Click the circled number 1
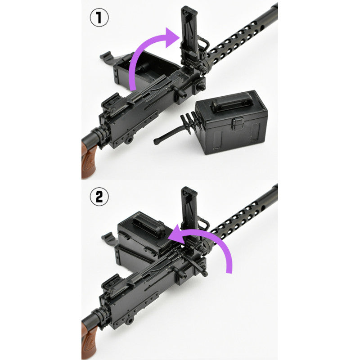[99, 18]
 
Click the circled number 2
[99, 197]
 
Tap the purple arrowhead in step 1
[172, 37]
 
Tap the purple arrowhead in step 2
[178, 234]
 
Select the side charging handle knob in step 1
[180, 92]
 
